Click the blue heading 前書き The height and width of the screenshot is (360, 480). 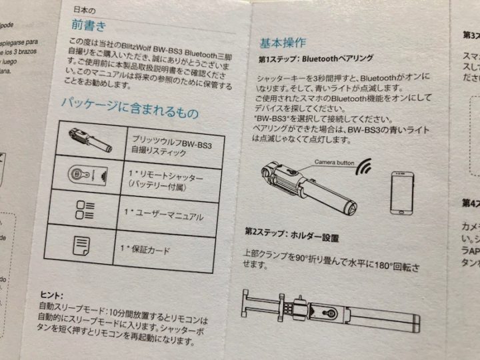click(x=91, y=26)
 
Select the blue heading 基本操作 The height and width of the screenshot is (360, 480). click(x=283, y=43)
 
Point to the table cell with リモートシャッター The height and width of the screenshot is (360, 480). click(x=163, y=177)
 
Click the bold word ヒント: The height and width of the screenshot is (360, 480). click(x=47, y=295)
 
